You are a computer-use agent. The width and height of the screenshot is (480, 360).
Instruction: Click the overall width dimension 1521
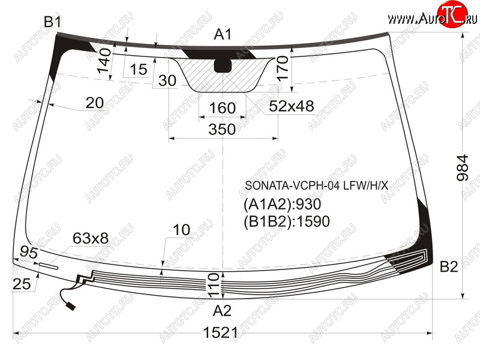220,332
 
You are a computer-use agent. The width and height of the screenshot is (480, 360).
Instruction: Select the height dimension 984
462,168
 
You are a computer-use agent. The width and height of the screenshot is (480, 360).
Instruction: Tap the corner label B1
53,22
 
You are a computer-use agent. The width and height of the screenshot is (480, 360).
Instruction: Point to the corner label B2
449,266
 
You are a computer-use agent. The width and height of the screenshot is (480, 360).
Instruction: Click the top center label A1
223,34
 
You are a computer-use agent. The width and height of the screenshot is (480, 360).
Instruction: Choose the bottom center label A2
222,311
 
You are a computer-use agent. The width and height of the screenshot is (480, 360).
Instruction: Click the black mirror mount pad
223,65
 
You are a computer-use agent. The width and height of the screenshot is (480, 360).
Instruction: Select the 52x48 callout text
292,106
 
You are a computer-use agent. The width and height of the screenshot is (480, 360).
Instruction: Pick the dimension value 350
222,129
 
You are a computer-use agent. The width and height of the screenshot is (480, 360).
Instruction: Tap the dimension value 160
222,108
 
